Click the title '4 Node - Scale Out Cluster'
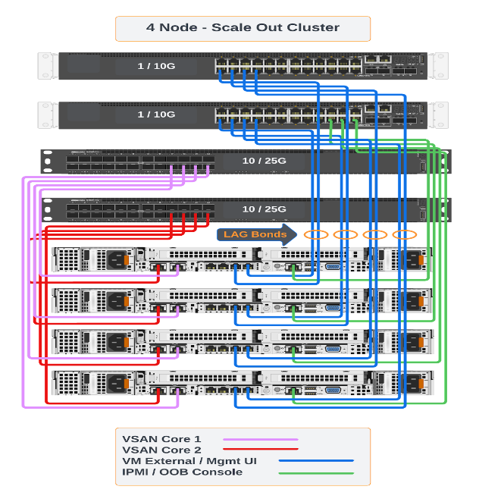pos(243,28)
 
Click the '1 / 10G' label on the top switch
pos(156,66)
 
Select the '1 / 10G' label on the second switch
pos(156,115)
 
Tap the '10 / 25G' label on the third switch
pos(264,162)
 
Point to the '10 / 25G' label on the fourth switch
pos(264,209)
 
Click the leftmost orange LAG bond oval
pos(316,234)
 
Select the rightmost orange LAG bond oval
pos(405,234)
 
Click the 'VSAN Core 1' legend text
pos(161,438)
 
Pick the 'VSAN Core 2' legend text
pos(161,450)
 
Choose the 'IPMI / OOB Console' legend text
pos(182,472)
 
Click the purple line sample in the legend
pos(260,439)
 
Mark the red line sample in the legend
pos(260,450)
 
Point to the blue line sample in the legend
pos(316,460)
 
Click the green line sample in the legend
pos(316,472)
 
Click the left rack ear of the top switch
pos(48,65)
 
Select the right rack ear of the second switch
pos(437,114)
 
